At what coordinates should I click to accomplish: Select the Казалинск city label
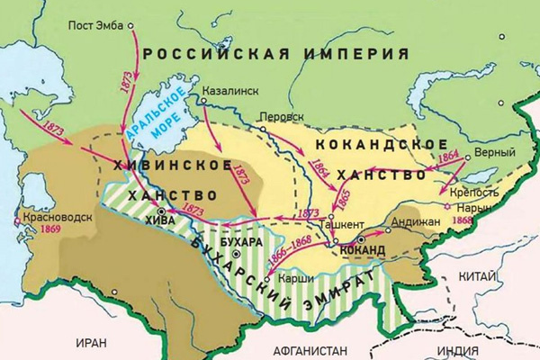point(230,91)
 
